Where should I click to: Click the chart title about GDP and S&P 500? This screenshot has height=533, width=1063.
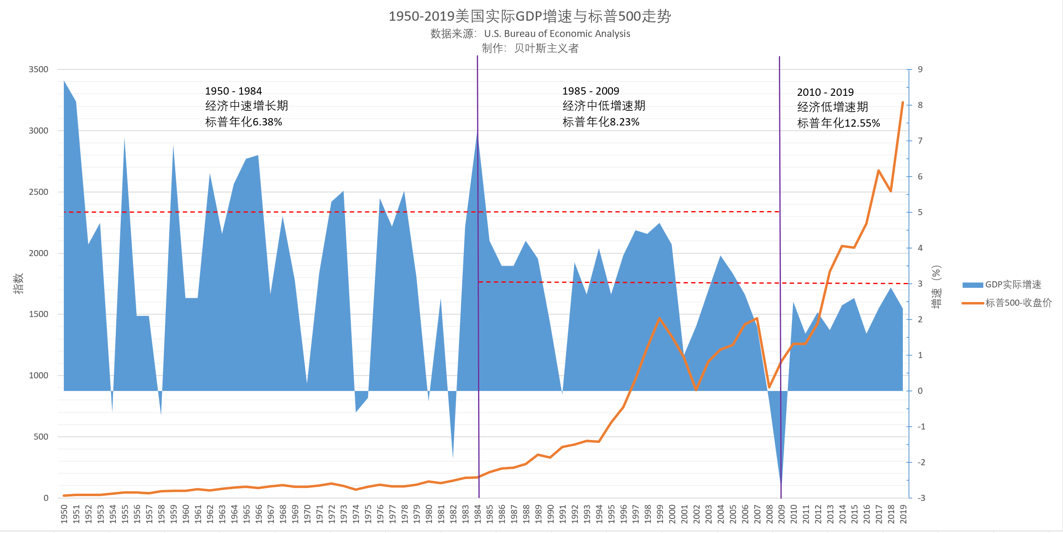[530, 17]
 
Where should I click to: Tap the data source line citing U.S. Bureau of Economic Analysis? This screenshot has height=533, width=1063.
[530, 34]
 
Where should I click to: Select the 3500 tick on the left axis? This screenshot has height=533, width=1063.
[38, 69]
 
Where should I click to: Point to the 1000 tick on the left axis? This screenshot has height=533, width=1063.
[38, 375]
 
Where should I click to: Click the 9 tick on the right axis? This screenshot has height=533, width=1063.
[920, 69]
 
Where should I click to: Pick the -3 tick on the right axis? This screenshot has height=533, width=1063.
[921, 498]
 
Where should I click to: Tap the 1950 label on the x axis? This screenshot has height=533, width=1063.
[64, 514]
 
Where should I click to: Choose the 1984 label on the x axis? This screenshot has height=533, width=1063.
[478, 514]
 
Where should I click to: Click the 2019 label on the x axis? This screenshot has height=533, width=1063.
[903, 514]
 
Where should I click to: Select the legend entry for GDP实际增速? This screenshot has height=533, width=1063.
[1013, 285]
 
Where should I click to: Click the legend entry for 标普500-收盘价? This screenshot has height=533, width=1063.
[1018, 303]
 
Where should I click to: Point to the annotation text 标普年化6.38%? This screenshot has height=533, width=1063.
[243, 122]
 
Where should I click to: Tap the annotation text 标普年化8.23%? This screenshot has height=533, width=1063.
[601, 122]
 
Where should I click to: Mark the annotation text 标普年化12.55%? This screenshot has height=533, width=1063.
[839, 123]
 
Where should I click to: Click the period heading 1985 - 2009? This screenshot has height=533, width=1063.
[591, 91]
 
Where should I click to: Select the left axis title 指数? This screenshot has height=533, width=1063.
[18, 284]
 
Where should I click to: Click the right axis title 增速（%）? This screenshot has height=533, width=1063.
[936, 287]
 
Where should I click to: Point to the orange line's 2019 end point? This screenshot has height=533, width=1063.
[903, 102]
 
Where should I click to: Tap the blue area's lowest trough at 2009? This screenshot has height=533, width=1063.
[781, 484]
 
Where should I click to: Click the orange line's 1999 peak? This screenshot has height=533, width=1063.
[659, 318]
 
